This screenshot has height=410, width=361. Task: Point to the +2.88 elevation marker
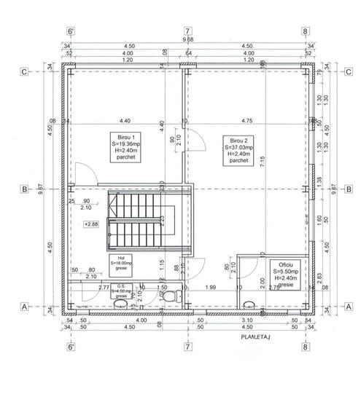click(x=91, y=224)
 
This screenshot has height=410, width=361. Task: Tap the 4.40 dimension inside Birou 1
click(x=125, y=121)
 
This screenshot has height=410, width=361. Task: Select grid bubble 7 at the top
click(x=187, y=31)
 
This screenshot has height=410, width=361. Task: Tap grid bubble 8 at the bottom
click(x=305, y=347)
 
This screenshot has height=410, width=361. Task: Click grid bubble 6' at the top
click(x=71, y=31)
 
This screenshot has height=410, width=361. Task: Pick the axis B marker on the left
click(x=24, y=189)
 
